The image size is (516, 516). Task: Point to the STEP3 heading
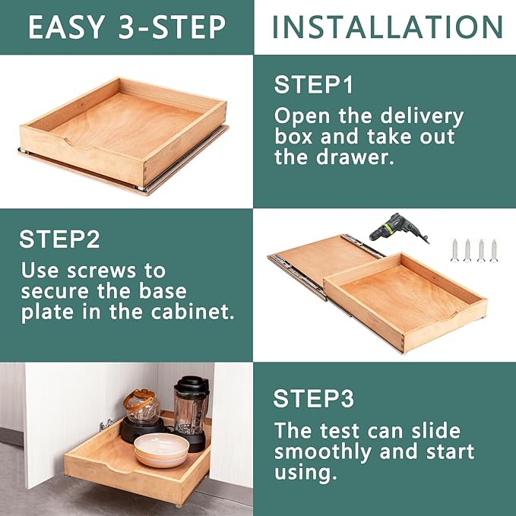pos(313,398)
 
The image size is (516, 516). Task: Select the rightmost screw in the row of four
pos(494,249)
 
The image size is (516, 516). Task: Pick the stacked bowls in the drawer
pos(162,451)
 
